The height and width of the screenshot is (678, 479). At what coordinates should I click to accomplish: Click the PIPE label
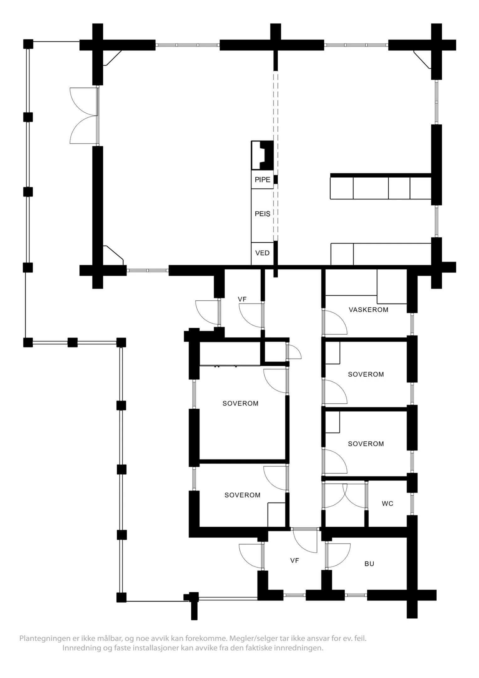click(x=262, y=180)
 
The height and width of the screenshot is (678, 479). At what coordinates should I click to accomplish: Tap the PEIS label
click(x=262, y=214)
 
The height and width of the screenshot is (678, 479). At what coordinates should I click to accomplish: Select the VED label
click(x=262, y=253)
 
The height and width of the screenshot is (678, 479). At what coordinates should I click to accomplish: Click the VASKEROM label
click(x=368, y=310)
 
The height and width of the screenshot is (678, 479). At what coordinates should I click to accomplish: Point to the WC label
click(x=387, y=503)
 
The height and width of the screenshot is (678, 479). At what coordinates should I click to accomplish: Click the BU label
click(x=369, y=564)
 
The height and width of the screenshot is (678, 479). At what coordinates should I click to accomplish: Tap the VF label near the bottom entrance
click(x=295, y=560)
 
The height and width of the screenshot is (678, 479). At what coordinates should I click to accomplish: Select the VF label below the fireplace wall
click(x=242, y=299)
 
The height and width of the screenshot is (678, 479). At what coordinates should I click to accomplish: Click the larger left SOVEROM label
click(x=240, y=403)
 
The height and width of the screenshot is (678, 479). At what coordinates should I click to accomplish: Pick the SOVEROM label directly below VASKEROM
click(x=366, y=374)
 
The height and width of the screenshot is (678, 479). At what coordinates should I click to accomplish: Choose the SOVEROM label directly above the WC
click(x=366, y=444)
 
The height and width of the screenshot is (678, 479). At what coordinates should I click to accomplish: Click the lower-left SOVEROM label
click(x=242, y=495)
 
